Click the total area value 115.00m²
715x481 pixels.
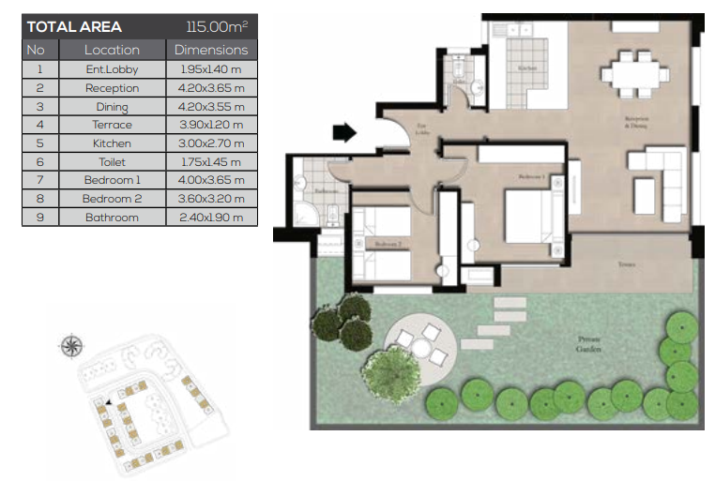point(217,27)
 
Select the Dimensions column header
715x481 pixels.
point(211,50)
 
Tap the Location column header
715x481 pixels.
point(112,50)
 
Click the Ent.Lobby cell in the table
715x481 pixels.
point(112,69)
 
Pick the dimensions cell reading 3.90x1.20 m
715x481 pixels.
point(211,125)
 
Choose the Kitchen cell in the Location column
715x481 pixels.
point(112,143)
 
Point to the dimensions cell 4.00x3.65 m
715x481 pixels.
point(211,180)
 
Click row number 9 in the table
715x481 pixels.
point(39,218)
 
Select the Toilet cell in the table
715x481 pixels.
point(112,162)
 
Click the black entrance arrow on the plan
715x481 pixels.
point(344,133)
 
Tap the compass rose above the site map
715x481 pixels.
point(71,346)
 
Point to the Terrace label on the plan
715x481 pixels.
point(627,265)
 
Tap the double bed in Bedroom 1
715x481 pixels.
point(531,216)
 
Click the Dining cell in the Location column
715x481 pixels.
point(112,107)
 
